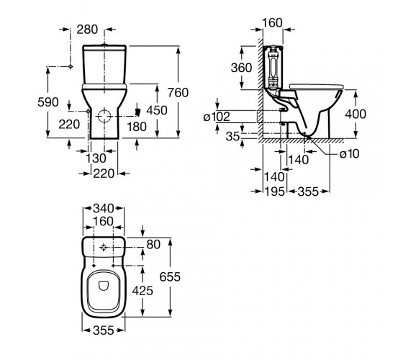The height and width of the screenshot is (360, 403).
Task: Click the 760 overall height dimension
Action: (x=178, y=93)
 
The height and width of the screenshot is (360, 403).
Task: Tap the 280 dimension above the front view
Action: (x=87, y=30)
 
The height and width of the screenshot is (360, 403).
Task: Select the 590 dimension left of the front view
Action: (x=48, y=102)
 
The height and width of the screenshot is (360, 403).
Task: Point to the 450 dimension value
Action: (x=157, y=110)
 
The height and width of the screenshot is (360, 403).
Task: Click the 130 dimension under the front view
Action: (x=96, y=158)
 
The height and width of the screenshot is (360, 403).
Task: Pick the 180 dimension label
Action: (x=137, y=127)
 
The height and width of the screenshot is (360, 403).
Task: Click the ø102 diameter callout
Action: (x=217, y=117)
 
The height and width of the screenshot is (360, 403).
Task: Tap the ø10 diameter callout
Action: (x=349, y=154)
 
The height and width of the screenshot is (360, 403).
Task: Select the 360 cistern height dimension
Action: (x=241, y=68)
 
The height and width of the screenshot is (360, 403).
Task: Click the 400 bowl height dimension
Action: (x=356, y=114)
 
